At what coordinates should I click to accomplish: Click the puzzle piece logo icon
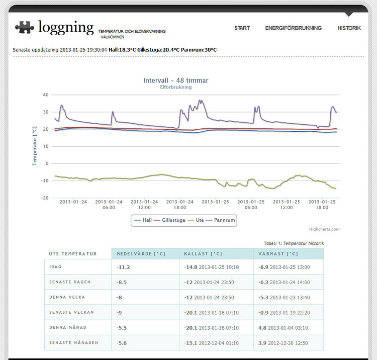pyautogui.click(x=25, y=27)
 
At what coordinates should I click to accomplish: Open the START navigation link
pyautogui.click(x=242, y=28)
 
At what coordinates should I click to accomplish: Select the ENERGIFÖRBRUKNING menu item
pyautogui.click(x=293, y=28)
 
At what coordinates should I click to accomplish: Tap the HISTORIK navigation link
pyautogui.click(x=349, y=28)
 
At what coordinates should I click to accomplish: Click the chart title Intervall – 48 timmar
pyautogui.click(x=175, y=80)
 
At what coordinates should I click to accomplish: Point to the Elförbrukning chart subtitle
pyautogui.click(x=175, y=87)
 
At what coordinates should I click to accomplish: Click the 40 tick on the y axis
pyautogui.click(x=45, y=95)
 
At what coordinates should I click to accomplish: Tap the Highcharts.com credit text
pyautogui.click(x=324, y=229)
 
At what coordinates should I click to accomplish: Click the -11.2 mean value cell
pyautogui.click(x=123, y=267)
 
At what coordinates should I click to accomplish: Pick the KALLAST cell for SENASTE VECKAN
pyautogui.click(x=211, y=312)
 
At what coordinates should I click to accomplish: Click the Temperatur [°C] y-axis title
pyautogui.click(x=35, y=146)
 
